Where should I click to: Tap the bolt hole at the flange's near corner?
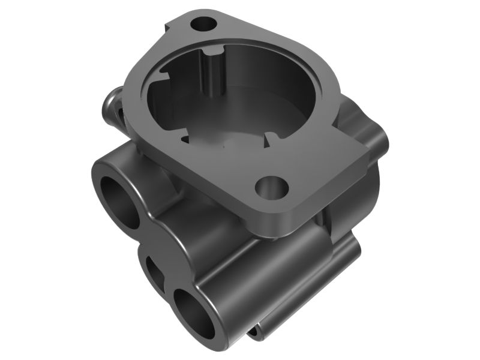pos(271,187)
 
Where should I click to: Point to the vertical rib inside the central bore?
pos(211,72)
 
